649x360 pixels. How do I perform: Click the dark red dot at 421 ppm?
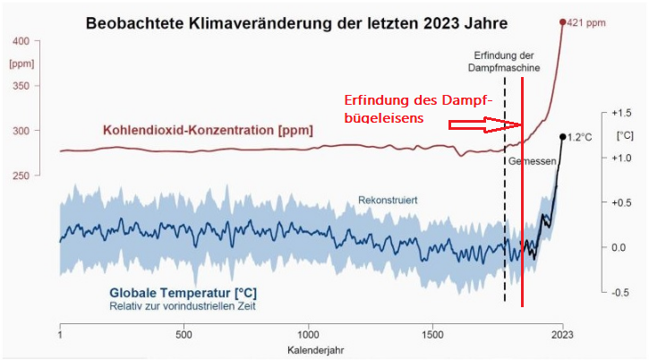(x=563, y=22)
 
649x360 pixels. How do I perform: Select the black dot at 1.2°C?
(x=562, y=137)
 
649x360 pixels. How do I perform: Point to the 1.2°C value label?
(x=580, y=138)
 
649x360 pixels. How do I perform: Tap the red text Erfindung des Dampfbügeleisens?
(x=419, y=108)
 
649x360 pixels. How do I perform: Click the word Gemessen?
(x=534, y=161)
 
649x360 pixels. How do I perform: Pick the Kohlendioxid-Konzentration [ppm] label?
(x=208, y=130)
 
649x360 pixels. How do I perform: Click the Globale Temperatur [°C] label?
(x=183, y=293)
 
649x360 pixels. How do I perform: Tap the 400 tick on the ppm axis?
(x=21, y=41)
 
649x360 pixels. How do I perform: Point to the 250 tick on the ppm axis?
(x=21, y=176)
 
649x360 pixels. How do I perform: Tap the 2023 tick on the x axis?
(x=562, y=334)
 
